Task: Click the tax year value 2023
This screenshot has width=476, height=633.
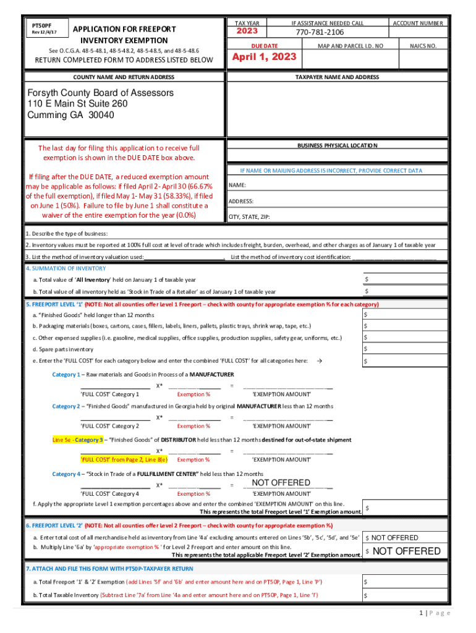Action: [247, 32]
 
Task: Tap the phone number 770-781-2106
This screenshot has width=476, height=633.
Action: [319, 32]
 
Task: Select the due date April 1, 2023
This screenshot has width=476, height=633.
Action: [264, 57]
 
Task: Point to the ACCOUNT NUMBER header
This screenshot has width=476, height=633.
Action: [418, 23]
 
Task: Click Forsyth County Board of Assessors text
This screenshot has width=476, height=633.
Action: [100, 93]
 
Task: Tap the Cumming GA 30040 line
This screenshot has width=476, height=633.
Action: [70, 115]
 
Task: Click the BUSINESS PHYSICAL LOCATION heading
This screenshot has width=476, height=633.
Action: [337, 145]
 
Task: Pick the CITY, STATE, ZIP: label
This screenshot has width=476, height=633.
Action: [249, 217]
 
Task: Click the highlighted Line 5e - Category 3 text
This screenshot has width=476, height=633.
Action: [77, 440]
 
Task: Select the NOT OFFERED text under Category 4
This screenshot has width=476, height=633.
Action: [281, 483]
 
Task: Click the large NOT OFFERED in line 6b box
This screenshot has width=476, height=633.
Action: [407, 551]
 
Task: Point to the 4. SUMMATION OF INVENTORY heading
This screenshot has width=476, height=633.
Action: [66, 268]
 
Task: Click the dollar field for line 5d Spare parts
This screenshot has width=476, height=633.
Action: [406, 349]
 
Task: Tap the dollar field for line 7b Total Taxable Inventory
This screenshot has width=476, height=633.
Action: [406, 595]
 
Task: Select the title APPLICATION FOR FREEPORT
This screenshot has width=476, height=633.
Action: [124, 29]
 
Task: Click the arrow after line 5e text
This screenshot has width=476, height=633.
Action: [318, 360]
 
